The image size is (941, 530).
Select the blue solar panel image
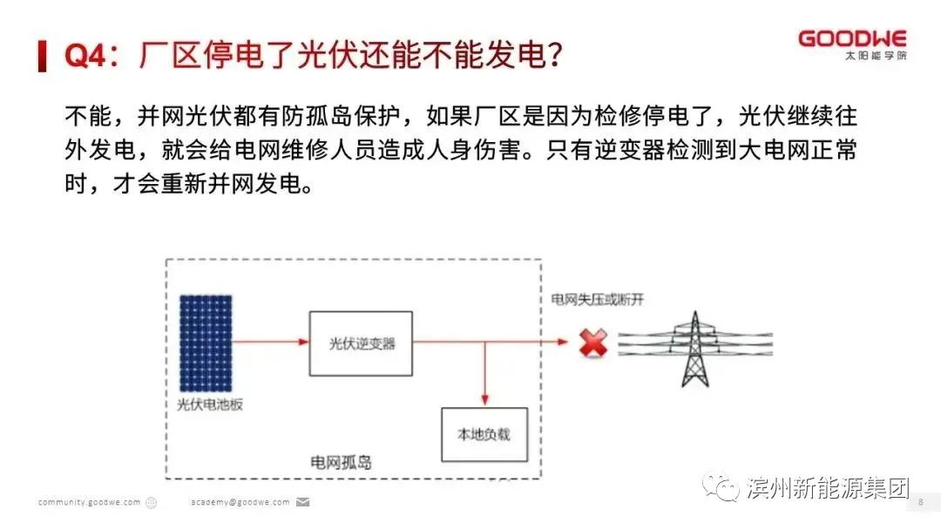(206, 343)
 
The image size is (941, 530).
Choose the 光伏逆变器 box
(362, 343)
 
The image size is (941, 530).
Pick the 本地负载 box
(484, 433)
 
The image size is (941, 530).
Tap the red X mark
(593, 343)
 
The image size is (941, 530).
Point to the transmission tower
(694, 348)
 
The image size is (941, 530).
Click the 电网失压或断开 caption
(597, 299)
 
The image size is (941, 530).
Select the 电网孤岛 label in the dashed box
(341, 462)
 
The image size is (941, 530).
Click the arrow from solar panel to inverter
(271, 343)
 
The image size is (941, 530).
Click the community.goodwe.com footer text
(89, 502)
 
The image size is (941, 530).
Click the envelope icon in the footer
(303, 502)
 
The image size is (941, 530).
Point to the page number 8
(920, 502)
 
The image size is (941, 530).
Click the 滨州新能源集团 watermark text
(828, 487)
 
